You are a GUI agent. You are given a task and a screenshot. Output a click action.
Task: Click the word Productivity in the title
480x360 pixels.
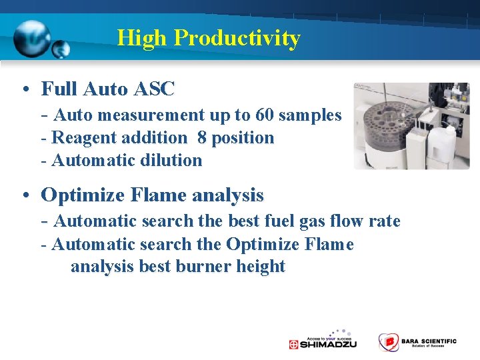(237, 38)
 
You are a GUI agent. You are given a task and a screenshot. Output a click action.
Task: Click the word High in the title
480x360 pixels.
(142, 38)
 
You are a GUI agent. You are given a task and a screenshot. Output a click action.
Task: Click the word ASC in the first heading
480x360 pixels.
(155, 89)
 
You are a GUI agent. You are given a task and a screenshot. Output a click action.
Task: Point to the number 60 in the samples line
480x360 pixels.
(263, 115)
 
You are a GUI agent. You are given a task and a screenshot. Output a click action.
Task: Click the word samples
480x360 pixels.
(310, 115)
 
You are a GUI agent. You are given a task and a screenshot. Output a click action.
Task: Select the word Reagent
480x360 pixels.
(85, 138)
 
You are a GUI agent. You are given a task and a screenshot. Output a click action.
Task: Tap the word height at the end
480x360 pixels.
(261, 267)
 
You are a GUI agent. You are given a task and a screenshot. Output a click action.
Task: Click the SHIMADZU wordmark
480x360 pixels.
(329, 345)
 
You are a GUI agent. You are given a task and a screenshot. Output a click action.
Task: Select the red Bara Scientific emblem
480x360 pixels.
(387, 342)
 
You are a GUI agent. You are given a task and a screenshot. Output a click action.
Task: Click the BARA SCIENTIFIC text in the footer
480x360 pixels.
(429, 341)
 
